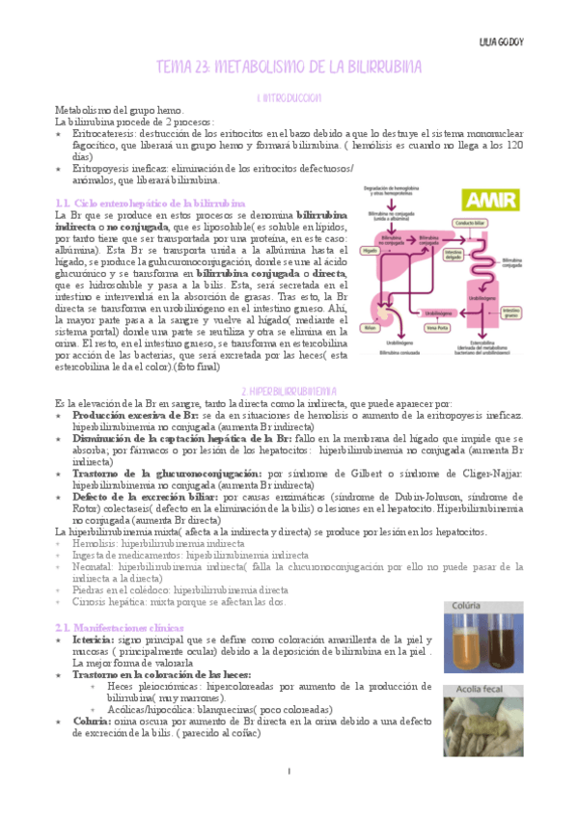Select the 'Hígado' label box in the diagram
(369, 249)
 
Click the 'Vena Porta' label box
(441, 328)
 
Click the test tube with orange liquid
(463, 644)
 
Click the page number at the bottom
(289, 772)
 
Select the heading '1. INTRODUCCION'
(289, 98)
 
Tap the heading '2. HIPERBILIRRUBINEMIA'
(289, 390)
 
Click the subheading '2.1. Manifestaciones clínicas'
(120, 627)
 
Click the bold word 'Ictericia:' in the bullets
(92, 641)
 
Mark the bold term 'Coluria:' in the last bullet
(91, 721)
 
